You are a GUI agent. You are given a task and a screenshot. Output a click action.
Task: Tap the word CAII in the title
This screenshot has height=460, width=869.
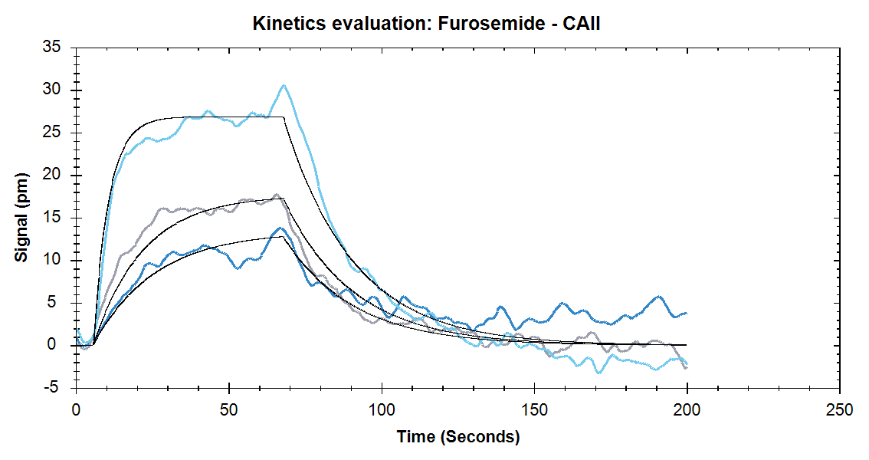pos(581,24)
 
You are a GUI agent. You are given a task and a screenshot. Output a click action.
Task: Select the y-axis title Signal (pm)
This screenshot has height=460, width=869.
pos(21,217)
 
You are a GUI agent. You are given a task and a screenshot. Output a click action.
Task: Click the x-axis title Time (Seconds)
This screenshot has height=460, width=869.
pos(458,437)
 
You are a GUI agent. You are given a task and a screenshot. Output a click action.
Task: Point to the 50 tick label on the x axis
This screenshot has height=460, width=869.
pos(229,410)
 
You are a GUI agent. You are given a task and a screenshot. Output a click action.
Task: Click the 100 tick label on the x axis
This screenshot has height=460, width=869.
pos(382,410)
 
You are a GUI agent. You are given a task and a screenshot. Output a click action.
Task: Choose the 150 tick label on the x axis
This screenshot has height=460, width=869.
pos(534,410)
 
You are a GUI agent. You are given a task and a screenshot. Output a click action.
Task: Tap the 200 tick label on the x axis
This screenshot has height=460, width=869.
pos(687,410)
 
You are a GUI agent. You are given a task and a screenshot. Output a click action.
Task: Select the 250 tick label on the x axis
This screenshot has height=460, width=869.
pos(840,410)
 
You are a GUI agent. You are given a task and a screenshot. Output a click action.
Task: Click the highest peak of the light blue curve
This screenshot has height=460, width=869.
pos(284,85)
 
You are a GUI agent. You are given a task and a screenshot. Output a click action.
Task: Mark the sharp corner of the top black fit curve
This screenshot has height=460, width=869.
pos(284,117)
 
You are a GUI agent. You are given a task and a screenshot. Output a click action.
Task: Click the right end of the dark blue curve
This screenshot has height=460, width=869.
pos(687,314)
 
